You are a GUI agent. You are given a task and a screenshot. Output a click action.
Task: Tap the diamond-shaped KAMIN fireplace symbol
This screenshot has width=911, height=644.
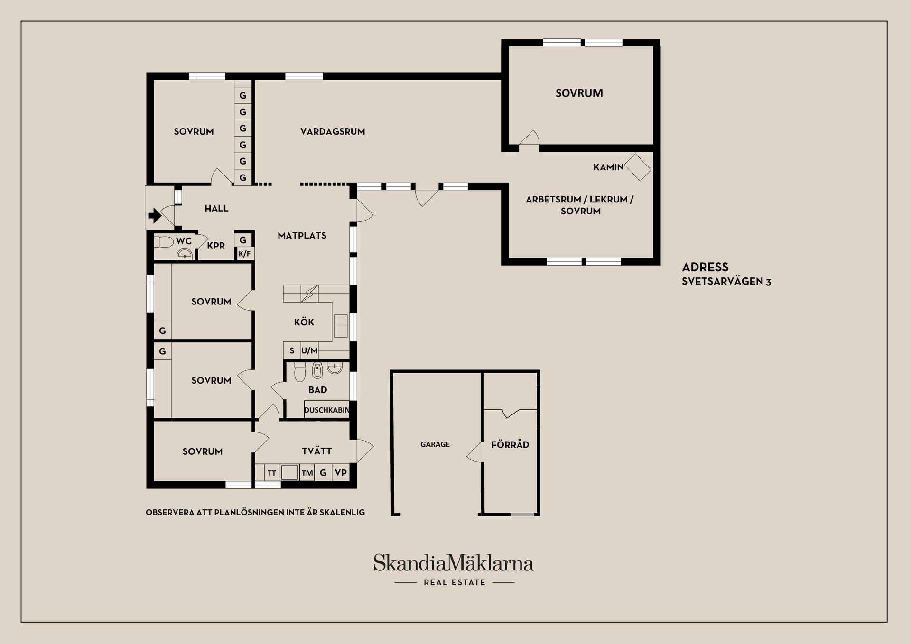pos(638,167)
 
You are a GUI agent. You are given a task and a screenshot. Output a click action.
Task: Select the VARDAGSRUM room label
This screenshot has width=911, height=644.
pos(333,131)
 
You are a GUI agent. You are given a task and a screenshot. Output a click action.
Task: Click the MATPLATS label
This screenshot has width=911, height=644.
pos(302,235)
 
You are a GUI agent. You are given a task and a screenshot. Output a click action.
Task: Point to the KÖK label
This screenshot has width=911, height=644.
pos(304,322)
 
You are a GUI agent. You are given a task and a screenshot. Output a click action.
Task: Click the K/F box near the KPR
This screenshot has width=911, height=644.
pos(244,254)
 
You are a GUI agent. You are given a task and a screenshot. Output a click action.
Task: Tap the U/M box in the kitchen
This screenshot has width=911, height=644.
pos(309,351)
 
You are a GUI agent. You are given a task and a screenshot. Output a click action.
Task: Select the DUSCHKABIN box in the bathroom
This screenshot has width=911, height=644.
pos(327,410)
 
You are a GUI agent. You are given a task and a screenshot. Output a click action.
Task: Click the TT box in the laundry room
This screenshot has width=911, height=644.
pos(272,473)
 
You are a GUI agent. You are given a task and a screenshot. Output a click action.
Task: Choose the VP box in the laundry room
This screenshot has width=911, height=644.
pos(341,473)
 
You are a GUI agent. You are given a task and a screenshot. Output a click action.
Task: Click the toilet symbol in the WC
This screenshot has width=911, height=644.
pos(164,242)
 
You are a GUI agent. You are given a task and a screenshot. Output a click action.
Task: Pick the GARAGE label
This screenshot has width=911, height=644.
pos(435,444)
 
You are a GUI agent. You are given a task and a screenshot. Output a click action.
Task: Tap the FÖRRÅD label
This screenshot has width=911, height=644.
pos(510,445)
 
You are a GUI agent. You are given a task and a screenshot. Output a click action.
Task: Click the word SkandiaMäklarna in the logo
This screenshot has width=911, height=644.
pos(453,563)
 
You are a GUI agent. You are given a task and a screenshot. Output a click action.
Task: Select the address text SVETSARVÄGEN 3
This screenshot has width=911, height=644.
pos(726,281)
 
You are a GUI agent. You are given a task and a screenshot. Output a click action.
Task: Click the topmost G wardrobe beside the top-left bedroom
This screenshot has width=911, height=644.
pos(242,95)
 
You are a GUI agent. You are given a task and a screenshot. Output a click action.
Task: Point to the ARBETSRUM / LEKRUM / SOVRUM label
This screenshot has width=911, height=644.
pos(580,205)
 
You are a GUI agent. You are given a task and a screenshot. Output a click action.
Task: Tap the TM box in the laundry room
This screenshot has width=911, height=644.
pos(307,473)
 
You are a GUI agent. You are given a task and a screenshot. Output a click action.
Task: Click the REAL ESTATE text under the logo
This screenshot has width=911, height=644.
pos(455,582)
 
